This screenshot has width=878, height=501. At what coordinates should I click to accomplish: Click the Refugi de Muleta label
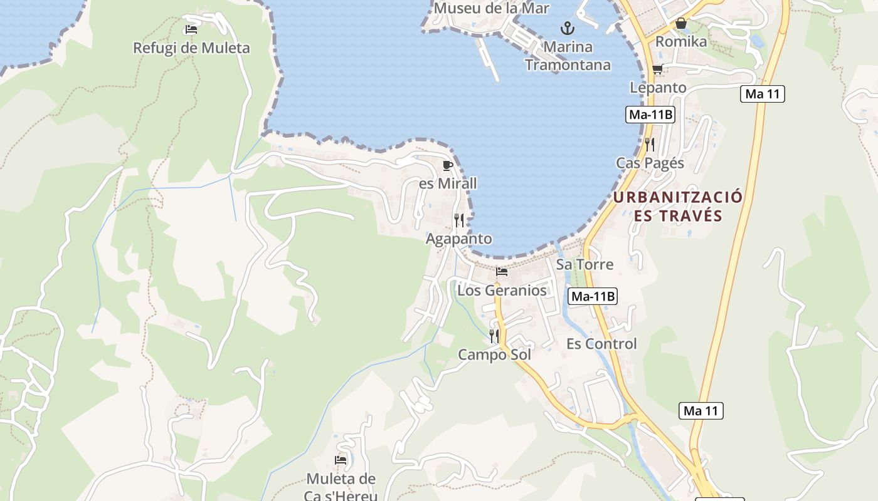coord(191,48)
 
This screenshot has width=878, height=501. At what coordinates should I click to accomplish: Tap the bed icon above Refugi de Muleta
coord(191,29)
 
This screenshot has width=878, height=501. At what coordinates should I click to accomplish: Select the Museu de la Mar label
coord(491,9)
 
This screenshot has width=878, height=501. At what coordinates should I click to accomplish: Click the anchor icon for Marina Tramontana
coord(568,28)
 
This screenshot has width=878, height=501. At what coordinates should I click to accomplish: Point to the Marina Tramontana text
coord(568,56)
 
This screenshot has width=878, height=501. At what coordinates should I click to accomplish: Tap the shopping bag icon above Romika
coord(681,24)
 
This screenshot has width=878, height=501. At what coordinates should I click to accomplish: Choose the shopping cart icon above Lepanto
coord(657,70)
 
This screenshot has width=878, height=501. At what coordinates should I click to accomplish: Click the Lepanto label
coord(658,88)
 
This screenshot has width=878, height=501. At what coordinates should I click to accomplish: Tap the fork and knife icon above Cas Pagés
coord(650,145)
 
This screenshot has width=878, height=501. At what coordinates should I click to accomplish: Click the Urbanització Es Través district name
coord(678,207)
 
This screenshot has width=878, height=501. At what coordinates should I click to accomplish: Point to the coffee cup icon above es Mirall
coord(447,165)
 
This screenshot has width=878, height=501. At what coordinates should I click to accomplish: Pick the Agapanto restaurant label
coord(459,239)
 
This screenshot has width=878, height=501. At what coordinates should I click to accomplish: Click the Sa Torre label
coord(584,264)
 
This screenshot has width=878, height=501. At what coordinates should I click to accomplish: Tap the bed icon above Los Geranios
coord(502,272)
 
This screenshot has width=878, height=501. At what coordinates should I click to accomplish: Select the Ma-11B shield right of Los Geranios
coord(593,297)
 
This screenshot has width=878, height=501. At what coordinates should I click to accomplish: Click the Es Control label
coord(601,344)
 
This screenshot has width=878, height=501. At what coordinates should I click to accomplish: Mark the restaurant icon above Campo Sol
coord(494,336)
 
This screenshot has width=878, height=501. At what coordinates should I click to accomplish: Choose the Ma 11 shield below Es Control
coord(701,411)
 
